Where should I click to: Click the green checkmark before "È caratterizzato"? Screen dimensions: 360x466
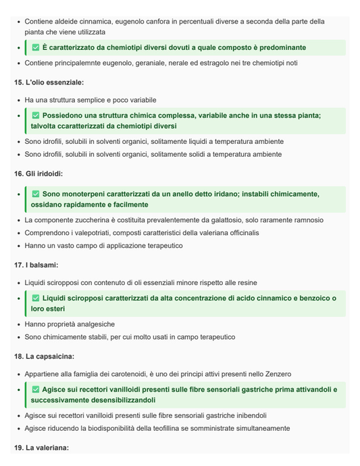[36, 48]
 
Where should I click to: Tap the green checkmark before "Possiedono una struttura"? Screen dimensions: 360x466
[36, 116]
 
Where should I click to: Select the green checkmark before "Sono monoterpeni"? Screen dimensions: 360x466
[36, 195]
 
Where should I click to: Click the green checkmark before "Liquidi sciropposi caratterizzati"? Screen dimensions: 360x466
[36, 299]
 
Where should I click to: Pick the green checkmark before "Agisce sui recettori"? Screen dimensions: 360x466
[36, 390]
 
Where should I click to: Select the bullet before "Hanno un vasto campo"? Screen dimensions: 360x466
[18, 246]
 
